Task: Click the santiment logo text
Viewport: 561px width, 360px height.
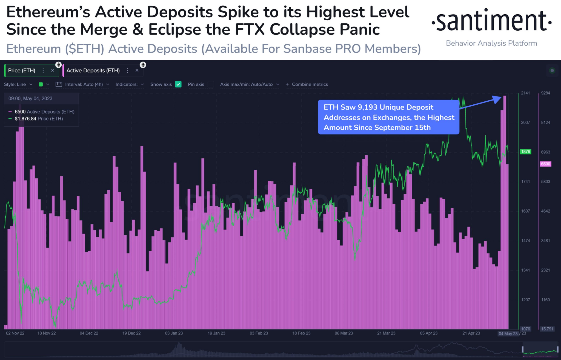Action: coord(491,21)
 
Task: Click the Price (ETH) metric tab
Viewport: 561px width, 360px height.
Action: coord(22,70)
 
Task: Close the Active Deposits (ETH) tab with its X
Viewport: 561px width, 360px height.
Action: coord(137,70)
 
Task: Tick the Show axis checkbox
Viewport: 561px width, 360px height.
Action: coord(178,84)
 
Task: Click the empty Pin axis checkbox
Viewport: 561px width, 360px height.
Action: coord(211,84)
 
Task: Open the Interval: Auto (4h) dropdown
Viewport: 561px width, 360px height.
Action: coord(84,84)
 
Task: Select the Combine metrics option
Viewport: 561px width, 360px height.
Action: coord(310,84)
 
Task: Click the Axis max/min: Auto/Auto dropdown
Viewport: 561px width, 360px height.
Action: coord(249,84)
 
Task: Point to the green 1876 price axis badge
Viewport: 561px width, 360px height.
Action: coord(525,152)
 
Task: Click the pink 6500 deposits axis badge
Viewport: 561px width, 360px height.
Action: coord(545,164)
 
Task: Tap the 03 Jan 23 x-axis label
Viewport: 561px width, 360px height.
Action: coord(174,333)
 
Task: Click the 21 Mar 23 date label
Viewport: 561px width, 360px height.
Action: coord(386,333)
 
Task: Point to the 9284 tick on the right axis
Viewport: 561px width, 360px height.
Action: coord(545,93)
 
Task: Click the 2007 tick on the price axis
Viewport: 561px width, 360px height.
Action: coord(525,122)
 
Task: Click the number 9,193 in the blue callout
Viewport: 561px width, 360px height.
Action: coord(368,107)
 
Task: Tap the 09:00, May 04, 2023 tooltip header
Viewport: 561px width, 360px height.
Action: coord(30,99)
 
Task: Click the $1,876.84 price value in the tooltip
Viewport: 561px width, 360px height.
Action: coord(25,119)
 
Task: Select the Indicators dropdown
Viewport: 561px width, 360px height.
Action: coord(129,84)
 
